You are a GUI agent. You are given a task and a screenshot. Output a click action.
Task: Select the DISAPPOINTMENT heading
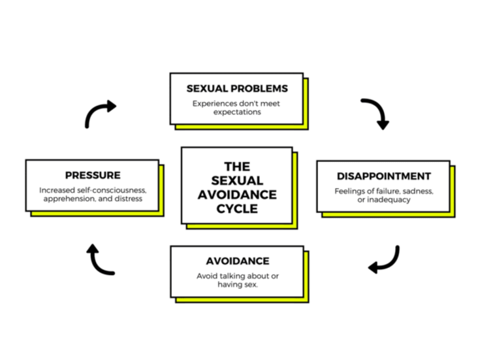pos(383,176)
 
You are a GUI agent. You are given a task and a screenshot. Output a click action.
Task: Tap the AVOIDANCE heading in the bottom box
pos(237,261)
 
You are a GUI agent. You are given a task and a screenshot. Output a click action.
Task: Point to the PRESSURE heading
pos(92,175)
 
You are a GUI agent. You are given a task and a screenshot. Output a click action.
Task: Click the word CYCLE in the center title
pos(237,209)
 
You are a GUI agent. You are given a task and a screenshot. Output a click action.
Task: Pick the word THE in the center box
pos(237,167)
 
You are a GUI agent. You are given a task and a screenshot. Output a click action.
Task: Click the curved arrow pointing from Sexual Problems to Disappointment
pos(375,113)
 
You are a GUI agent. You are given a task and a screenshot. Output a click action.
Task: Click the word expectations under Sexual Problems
pos(236,112)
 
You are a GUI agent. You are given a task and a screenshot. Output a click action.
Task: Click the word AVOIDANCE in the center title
pos(237,195)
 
